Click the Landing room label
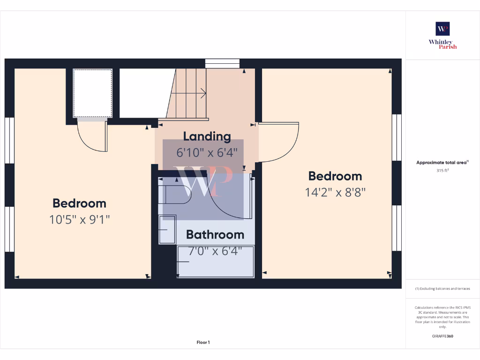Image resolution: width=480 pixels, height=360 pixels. click(x=207, y=136)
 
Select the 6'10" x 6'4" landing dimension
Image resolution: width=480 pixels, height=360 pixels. click(x=207, y=152)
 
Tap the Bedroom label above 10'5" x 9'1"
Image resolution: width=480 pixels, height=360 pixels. click(x=79, y=203)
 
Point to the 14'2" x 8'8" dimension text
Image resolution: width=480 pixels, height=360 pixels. click(x=335, y=192)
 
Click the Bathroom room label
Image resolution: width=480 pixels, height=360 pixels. click(x=215, y=234)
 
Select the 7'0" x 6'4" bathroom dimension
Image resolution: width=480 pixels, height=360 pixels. click(x=215, y=251)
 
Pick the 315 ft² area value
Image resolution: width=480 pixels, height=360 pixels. click(x=442, y=171)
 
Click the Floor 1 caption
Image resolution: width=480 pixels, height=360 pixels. click(x=203, y=343)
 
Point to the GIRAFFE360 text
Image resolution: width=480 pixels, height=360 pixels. click(x=442, y=336)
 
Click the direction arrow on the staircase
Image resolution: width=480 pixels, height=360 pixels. click(x=202, y=93)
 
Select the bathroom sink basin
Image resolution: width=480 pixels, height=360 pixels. click(x=167, y=229)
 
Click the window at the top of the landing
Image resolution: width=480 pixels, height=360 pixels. click(x=222, y=63)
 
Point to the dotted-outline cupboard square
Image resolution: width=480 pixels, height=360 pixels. click(x=93, y=93)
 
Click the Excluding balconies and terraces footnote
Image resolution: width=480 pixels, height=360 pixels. click(x=442, y=289)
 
